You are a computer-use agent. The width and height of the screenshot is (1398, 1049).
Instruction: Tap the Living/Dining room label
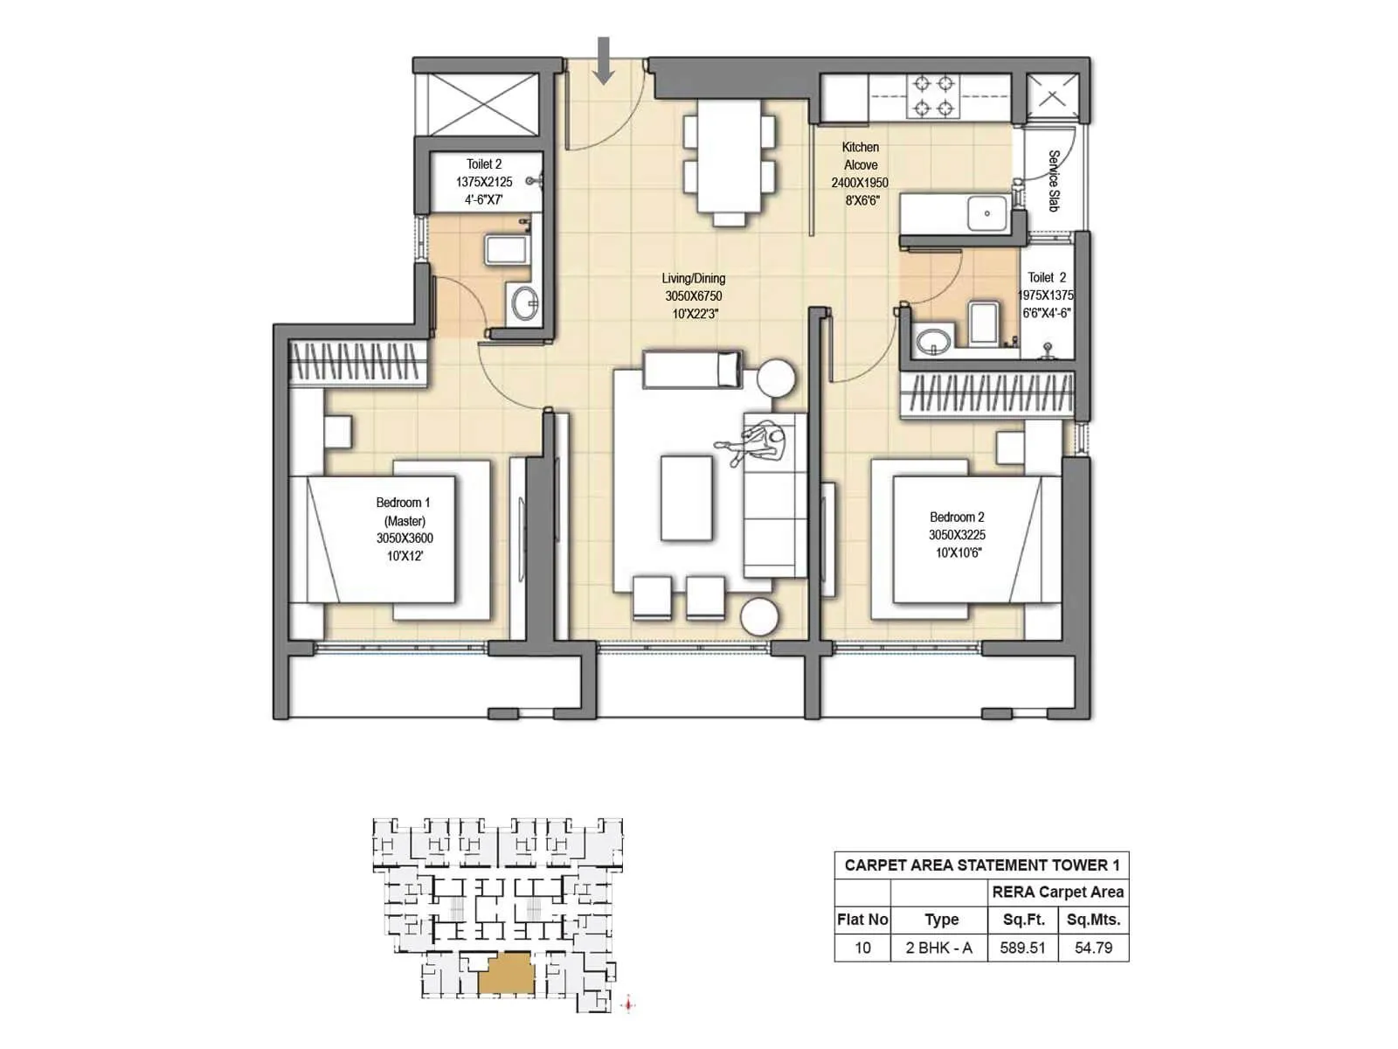pyautogui.click(x=693, y=279)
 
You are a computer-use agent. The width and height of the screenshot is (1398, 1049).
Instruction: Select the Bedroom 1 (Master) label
pyautogui.click(x=404, y=511)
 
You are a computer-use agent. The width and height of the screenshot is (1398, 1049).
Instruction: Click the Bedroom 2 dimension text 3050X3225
pyautogui.click(x=957, y=535)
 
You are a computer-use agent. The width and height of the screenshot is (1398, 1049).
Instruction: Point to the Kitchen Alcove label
pyautogui.click(x=861, y=156)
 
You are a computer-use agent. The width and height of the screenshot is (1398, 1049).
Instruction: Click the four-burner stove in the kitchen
pyautogui.click(x=931, y=96)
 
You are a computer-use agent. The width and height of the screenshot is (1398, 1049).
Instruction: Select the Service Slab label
pyautogui.click(x=1053, y=180)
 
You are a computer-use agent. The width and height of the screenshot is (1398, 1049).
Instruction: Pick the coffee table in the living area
pyautogui.click(x=687, y=498)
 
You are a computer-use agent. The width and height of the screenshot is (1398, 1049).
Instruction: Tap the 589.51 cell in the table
pyautogui.click(x=1022, y=948)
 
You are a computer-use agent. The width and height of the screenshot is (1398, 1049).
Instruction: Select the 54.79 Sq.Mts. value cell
pyautogui.click(x=1093, y=948)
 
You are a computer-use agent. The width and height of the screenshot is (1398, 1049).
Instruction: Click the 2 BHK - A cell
pyautogui.click(x=938, y=948)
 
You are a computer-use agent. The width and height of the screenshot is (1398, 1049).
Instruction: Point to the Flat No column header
pyautogui.click(x=862, y=920)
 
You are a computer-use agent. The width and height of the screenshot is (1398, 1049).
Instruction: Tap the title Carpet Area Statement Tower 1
pyautogui.click(x=981, y=865)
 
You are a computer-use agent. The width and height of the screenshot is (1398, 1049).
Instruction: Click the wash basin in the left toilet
pyautogui.click(x=526, y=304)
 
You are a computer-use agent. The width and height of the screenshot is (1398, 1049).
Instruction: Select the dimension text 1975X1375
pyautogui.click(x=1046, y=295)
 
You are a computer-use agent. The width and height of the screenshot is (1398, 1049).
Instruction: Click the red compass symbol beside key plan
pyautogui.click(x=628, y=1005)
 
